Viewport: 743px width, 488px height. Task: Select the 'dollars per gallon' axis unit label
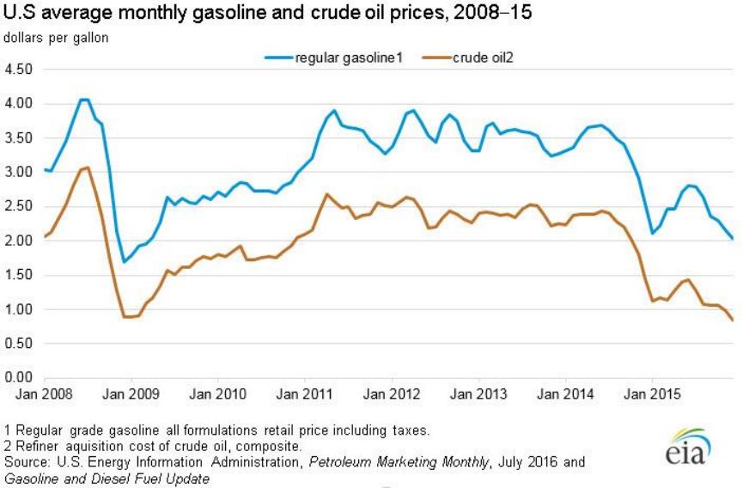(x=51, y=38)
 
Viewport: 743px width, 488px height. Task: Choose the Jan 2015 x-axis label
(x=651, y=393)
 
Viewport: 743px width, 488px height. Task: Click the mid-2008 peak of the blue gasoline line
(x=83, y=100)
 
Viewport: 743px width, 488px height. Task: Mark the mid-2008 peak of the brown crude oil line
(x=87, y=168)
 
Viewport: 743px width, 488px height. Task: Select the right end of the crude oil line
(x=733, y=320)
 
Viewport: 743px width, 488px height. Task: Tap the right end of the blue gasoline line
(x=733, y=238)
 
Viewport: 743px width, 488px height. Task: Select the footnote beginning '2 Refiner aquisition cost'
(x=153, y=446)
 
